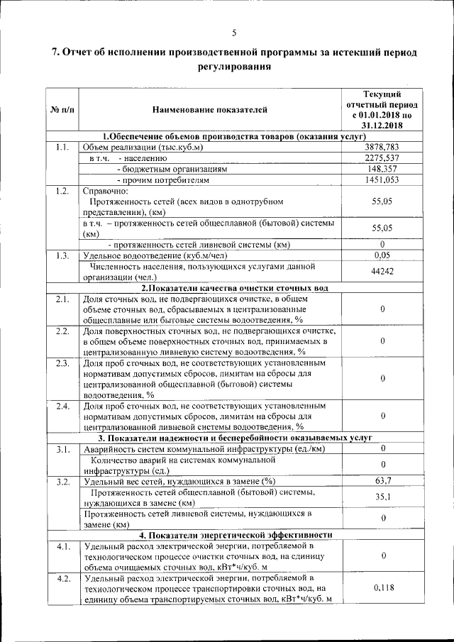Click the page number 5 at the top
(x=233, y=31)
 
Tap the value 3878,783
(x=382, y=147)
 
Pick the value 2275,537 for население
(x=382, y=158)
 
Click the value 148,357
(x=382, y=170)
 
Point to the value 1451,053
(x=382, y=181)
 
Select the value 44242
(x=382, y=272)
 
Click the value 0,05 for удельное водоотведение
(x=382, y=255)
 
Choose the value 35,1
(x=382, y=497)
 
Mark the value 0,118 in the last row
(x=382, y=587)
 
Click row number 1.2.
(x=62, y=192)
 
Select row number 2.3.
(x=62, y=364)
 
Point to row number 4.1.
(x=62, y=546)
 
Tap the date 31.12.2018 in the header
(x=382, y=126)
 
